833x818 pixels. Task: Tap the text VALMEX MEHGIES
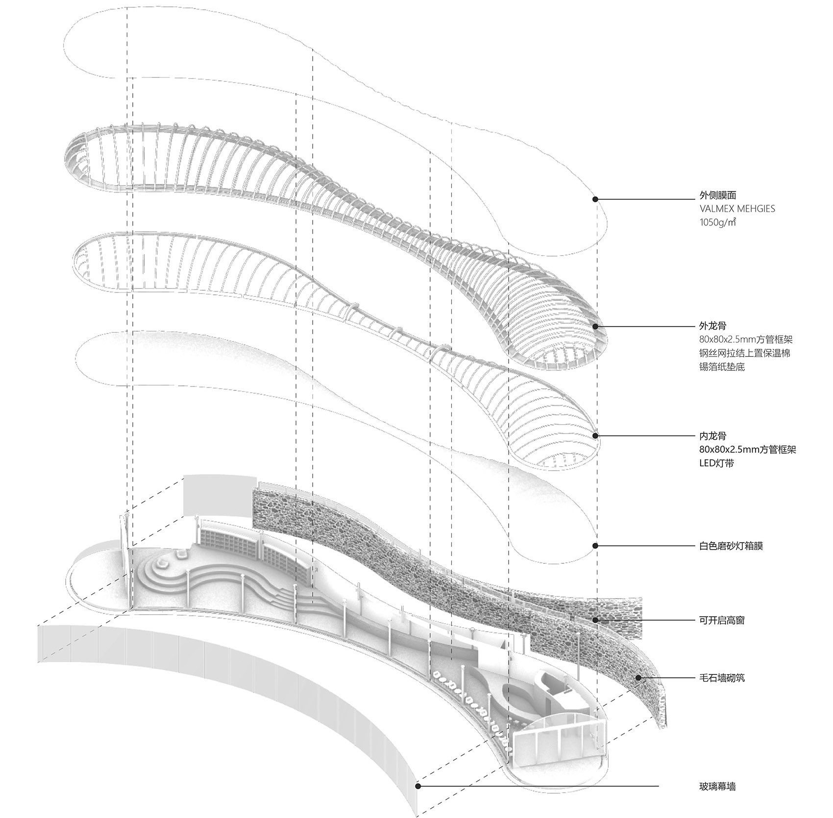click(737, 209)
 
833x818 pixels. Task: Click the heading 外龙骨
click(713, 325)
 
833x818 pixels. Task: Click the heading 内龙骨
click(713, 435)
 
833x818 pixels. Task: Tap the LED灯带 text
click(716, 463)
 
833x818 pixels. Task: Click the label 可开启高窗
click(723, 620)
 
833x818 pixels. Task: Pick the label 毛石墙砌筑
click(723, 678)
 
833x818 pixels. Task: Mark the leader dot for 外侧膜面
click(595, 199)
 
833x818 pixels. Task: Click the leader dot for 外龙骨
click(595, 326)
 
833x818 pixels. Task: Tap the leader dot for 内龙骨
click(595, 435)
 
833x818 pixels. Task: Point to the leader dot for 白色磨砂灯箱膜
click(595, 546)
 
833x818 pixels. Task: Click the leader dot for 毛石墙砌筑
click(638, 678)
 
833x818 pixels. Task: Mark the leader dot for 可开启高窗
click(595, 620)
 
